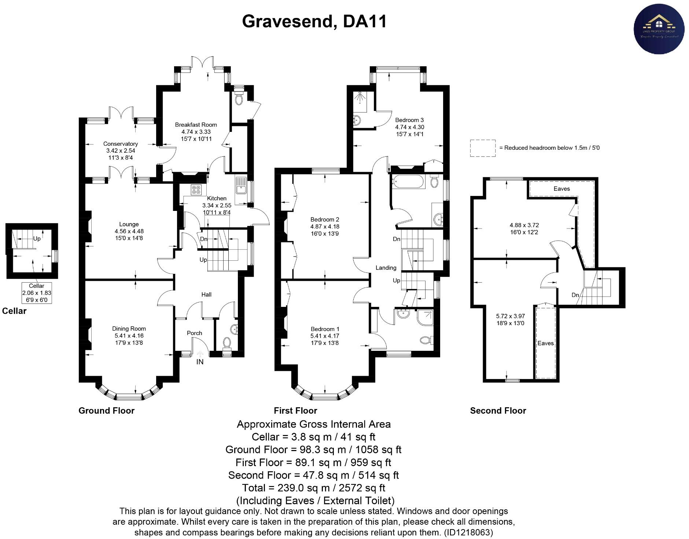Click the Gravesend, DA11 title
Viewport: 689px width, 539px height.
tap(314, 22)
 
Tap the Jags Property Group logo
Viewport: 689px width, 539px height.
tap(659, 29)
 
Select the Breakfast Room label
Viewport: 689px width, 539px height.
tap(196, 125)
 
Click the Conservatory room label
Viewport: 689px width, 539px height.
tap(120, 144)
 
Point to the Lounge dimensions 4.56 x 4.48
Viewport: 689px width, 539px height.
tap(129, 231)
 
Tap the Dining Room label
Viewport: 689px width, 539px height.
tap(129, 329)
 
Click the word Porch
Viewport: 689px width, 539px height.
tap(194, 333)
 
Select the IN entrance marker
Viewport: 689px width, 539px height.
tap(200, 362)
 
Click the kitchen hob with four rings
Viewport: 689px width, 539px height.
tap(196, 190)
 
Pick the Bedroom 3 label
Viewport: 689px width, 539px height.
tap(409, 120)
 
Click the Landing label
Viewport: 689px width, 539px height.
tap(386, 268)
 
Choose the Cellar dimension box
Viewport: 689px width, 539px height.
tap(37, 293)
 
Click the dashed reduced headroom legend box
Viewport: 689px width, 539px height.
tap(483, 148)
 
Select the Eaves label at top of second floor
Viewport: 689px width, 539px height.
tap(561, 189)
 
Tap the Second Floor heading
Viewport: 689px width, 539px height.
tap(498, 411)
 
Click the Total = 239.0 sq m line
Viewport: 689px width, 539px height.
tap(314, 488)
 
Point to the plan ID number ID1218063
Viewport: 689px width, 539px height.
tap(468, 532)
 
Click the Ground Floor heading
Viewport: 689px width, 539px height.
tap(106, 411)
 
